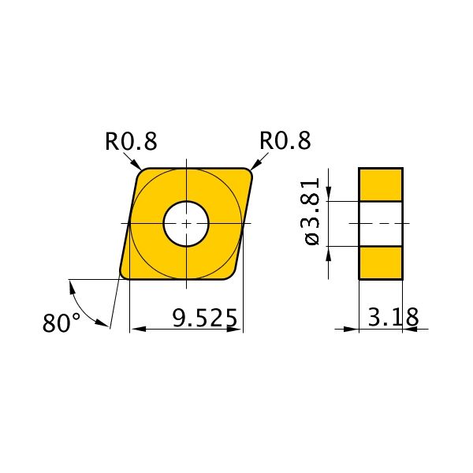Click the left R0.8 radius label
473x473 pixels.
click(x=131, y=141)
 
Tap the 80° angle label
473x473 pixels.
click(x=61, y=323)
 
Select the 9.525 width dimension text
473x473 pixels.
click(x=204, y=318)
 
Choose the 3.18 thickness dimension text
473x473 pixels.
click(x=393, y=318)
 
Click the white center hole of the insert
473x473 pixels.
click(x=186, y=224)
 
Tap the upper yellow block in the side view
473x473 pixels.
click(x=381, y=184)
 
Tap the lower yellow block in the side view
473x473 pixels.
click(x=381, y=263)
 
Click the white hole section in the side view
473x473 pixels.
click(x=381, y=224)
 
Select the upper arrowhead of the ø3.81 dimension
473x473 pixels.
click(x=329, y=195)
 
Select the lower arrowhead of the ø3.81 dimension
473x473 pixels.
click(x=329, y=253)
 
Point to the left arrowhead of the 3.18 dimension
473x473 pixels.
click(x=352, y=329)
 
